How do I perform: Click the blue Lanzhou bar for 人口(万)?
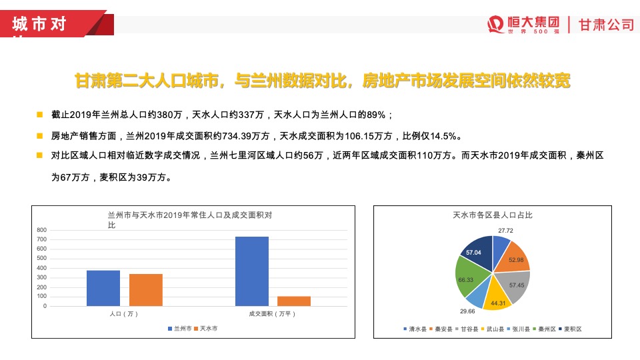pyautogui.click(x=103, y=288)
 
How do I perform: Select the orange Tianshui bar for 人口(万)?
pyautogui.click(x=146, y=290)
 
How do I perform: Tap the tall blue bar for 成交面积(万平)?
pyautogui.click(x=252, y=271)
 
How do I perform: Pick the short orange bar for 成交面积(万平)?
pyautogui.click(x=294, y=301)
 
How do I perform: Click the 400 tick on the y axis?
pyautogui.click(x=41, y=268)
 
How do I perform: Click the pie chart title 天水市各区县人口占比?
pyautogui.click(x=492, y=215)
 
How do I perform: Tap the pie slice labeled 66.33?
pyautogui.click(x=467, y=279)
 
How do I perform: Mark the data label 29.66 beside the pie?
pyautogui.click(x=467, y=311)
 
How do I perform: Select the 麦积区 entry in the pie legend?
pyautogui.click(x=571, y=329)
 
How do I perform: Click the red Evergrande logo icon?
pyautogui.click(x=495, y=24)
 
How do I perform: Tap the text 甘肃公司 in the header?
pyautogui.click(x=605, y=25)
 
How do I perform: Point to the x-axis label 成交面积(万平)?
pyautogui.click(x=272, y=313)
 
